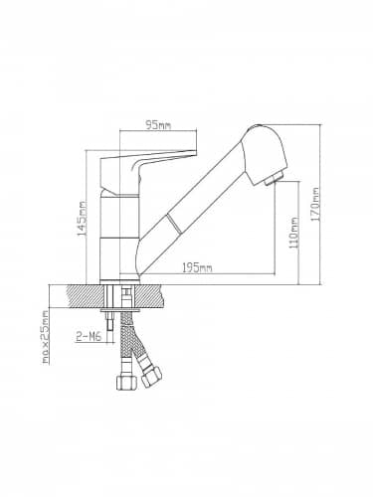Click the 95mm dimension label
158,125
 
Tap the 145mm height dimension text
82,219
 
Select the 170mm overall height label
315,205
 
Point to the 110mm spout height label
293,233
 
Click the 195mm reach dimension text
197,267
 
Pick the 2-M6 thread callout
89,337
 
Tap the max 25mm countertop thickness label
46,337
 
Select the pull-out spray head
265,154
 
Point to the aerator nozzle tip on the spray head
273,179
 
